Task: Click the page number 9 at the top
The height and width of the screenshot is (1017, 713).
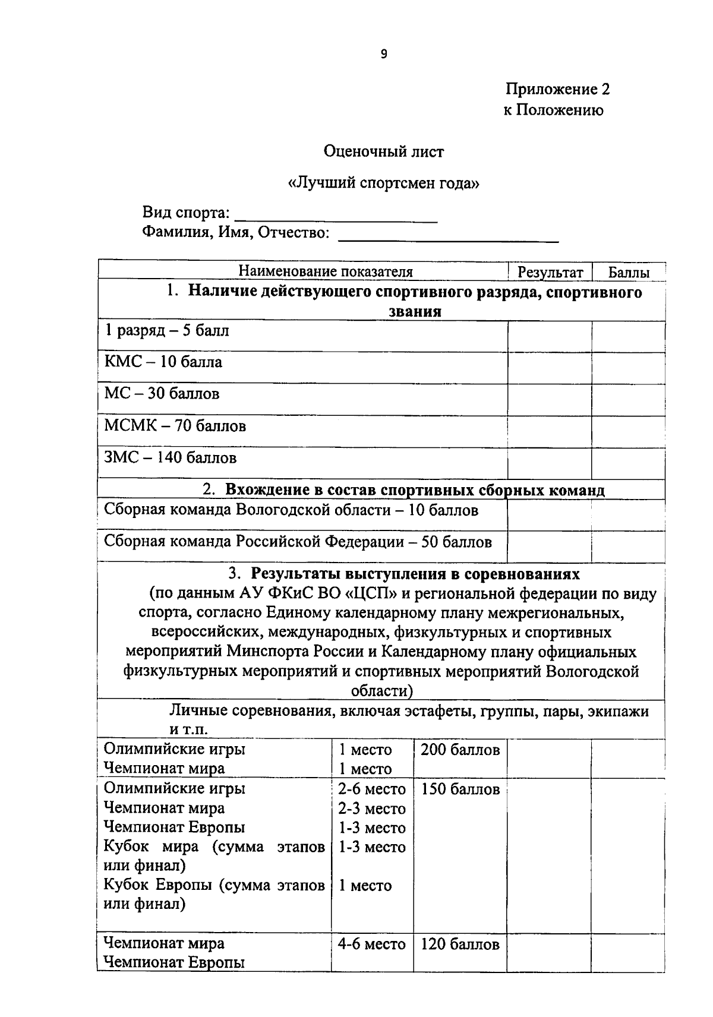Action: [x=383, y=54]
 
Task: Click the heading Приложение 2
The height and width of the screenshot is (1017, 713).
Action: [x=557, y=89]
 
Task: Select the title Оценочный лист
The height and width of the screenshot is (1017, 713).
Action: [x=383, y=151]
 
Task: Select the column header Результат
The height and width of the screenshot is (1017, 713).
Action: [x=550, y=272]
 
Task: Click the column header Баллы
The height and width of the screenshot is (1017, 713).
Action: [x=628, y=273]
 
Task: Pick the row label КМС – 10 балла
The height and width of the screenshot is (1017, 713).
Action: [x=163, y=362]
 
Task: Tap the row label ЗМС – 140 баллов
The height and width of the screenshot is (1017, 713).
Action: [x=171, y=457]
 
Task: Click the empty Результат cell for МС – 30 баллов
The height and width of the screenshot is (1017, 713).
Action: [x=549, y=399]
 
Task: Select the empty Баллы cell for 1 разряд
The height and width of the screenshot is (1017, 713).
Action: [x=627, y=336]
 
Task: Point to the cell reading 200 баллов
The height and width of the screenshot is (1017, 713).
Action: [x=460, y=750]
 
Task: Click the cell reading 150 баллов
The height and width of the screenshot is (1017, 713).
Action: [x=460, y=789]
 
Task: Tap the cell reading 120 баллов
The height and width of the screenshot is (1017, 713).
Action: [x=460, y=945]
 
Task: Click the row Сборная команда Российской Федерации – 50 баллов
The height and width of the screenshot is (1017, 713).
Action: [x=298, y=542]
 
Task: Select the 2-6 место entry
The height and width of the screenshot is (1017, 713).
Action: [x=372, y=789]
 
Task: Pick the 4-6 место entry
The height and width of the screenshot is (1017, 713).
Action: [x=371, y=944]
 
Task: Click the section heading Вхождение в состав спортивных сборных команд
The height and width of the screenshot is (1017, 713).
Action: [x=414, y=490]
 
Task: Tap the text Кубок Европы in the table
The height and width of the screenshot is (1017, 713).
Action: [x=158, y=885]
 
